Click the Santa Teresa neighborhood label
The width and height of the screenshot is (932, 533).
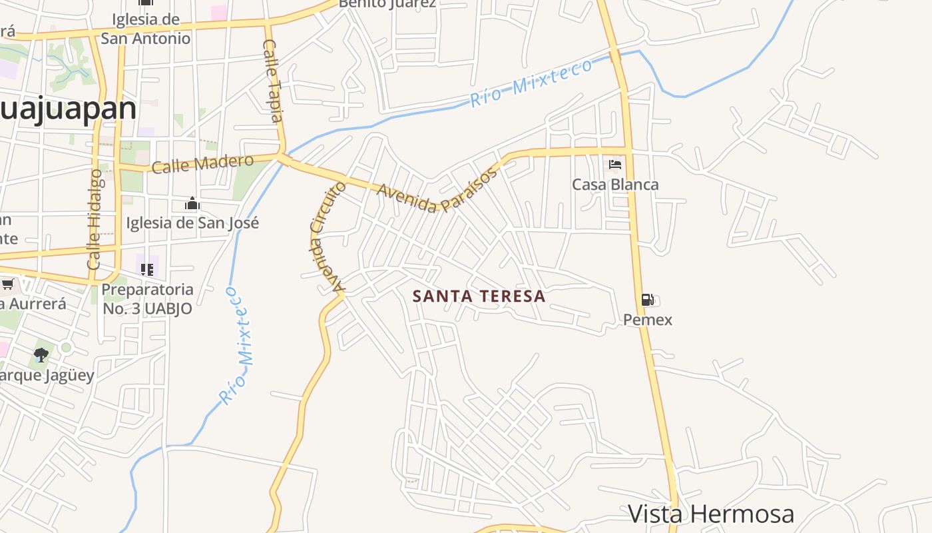point(479,296)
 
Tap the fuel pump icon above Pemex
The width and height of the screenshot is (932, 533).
point(647,300)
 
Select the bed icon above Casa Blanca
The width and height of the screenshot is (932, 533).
point(615,164)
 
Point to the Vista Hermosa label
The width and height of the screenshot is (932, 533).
point(711,514)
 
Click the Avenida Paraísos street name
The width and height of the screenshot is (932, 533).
point(438,191)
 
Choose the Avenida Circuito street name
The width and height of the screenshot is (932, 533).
point(328,237)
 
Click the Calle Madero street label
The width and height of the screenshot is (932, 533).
point(202,163)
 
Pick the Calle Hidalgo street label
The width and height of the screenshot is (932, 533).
point(95,219)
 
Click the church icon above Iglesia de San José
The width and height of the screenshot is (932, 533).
point(192,203)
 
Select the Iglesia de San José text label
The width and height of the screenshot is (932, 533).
point(192,223)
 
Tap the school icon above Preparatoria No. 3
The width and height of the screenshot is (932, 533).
point(147,270)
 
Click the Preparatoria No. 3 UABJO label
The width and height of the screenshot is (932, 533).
point(147,299)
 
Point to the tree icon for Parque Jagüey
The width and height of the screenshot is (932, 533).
point(41,354)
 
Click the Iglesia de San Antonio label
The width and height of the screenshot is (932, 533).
point(146,29)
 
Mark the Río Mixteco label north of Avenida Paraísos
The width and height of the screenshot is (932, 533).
point(531,83)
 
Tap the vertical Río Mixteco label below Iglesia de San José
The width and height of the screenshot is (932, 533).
point(238,345)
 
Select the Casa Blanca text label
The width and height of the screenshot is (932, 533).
point(615,185)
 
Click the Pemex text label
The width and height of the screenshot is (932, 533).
point(647,320)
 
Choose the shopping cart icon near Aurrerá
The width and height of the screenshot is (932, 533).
point(7,285)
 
